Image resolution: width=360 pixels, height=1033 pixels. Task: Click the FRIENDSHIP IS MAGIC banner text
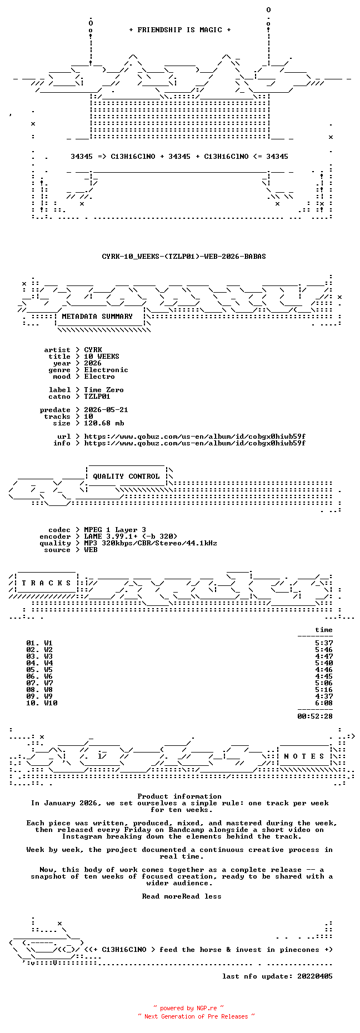[x=179, y=30]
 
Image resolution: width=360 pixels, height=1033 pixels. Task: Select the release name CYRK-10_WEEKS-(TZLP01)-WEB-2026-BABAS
[x=184, y=257]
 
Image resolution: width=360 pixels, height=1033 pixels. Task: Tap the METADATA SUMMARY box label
[x=97, y=317]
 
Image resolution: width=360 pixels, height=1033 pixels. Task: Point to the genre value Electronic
[x=106, y=370]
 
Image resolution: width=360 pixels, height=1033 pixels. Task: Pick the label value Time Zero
[x=104, y=390]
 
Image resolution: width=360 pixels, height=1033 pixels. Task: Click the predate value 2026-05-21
[x=106, y=410]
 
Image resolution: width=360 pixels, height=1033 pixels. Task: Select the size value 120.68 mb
[x=104, y=423]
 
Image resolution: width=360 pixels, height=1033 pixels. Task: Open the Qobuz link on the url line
[x=194, y=437]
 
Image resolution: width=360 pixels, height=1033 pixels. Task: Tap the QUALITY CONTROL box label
[x=126, y=477]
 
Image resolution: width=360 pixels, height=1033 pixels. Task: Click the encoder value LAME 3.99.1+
[x=111, y=536]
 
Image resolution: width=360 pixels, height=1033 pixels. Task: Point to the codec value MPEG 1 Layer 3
[x=115, y=530]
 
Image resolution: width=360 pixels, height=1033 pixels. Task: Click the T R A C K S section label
[x=46, y=583]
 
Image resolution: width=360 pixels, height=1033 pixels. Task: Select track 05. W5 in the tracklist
[x=39, y=670]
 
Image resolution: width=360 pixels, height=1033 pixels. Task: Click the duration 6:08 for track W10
[x=324, y=703]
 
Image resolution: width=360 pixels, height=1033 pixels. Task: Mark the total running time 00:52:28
[x=315, y=716]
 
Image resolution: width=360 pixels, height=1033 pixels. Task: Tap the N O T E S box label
[x=304, y=756]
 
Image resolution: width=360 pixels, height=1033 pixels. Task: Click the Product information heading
[x=179, y=796]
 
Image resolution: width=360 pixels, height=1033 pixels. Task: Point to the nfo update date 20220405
[x=315, y=976]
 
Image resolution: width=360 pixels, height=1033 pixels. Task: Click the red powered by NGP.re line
[x=188, y=1008]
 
